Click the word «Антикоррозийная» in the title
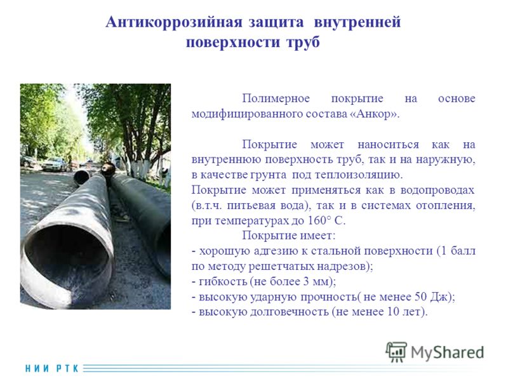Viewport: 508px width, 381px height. (x=173, y=22)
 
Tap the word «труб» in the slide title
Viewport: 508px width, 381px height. (x=303, y=42)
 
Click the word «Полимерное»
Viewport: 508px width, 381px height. (x=276, y=98)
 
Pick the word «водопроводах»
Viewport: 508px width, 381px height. (x=437, y=190)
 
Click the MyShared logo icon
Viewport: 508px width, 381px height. (x=396, y=352)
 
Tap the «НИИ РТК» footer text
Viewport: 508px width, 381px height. (x=52, y=368)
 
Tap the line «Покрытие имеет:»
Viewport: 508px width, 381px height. (x=289, y=236)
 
